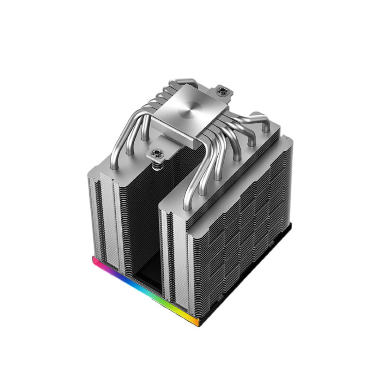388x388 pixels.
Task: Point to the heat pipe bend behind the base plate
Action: tap(176, 85)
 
